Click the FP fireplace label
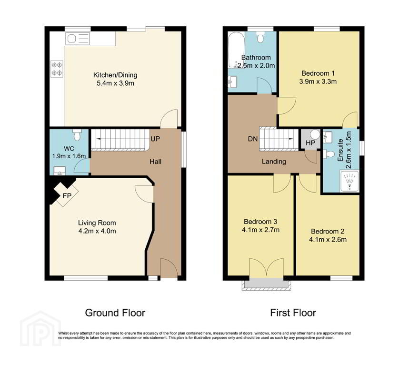coord(67,195)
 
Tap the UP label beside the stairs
coord(155,139)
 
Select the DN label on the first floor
coord(252,139)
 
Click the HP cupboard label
coord(310,143)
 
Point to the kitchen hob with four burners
coord(57,69)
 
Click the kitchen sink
coord(78,39)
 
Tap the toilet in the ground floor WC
coord(77,135)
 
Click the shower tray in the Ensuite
coord(349,181)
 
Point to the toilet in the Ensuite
coord(329,154)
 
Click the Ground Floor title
coord(115,313)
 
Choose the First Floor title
coord(293,313)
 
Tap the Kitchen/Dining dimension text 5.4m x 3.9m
coord(115,83)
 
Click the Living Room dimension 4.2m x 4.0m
coord(97,231)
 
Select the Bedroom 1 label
coord(318,73)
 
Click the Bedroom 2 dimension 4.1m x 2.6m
coord(328,240)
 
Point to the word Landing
coord(274,162)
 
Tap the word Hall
coord(156,162)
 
